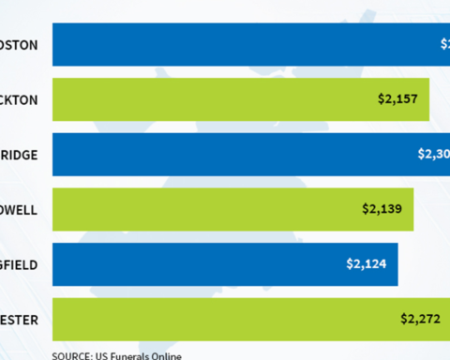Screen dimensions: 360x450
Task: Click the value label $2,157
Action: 397,98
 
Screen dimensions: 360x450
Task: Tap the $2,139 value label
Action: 382,209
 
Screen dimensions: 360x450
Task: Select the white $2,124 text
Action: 366,264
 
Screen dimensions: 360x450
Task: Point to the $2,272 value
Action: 421,320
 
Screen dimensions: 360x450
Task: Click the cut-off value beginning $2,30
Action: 433,154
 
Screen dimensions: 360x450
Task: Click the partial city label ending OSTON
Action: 19,43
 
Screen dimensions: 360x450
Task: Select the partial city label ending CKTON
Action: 19,98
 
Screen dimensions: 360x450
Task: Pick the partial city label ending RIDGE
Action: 19,154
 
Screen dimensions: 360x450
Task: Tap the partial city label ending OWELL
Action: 19,209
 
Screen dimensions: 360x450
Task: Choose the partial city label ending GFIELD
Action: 19,264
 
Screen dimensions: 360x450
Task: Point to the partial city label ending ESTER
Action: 19,320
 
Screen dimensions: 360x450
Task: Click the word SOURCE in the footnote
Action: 71,355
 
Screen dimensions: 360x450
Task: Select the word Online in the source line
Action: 166,355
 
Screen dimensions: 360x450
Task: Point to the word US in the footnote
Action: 101,355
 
